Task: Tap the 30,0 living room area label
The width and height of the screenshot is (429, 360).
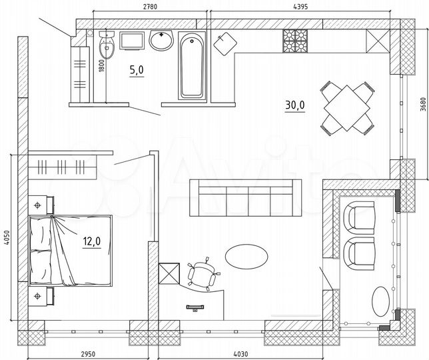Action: click(x=295, y=105)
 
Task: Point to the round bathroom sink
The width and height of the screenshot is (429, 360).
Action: click(x=161, y=41)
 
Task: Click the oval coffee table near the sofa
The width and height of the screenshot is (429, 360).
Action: click(x=247, y=256)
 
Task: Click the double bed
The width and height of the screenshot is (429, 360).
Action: click(x=70, y=250)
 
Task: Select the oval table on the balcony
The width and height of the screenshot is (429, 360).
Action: click(x=381, y=301)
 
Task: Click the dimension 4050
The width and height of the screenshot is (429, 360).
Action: click(x=6, y=238)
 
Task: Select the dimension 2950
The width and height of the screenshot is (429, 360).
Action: click(x=89, y=353)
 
